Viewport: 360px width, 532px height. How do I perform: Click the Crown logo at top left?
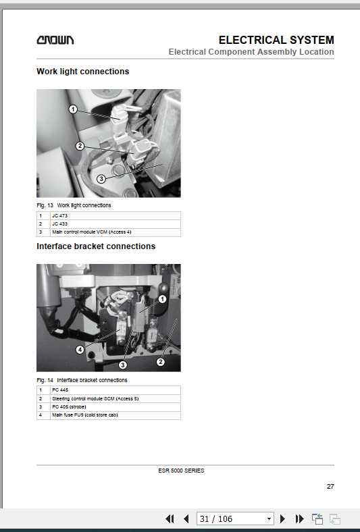pos(55,41)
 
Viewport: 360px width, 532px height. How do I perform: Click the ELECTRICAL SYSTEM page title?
pos(276,40)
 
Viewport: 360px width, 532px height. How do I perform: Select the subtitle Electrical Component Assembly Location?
pos(251,52)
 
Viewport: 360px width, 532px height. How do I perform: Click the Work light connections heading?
pos(82,72)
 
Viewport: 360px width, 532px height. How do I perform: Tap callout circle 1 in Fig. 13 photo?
pos(73,109)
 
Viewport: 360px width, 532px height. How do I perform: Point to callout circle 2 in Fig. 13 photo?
pos(80,146)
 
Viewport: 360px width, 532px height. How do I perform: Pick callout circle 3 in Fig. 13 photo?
pos(101,179)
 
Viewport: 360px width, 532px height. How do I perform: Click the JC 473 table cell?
pos(59,215)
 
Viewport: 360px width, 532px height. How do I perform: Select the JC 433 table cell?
pos(59,223)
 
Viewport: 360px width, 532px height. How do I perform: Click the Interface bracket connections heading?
pos(96,246)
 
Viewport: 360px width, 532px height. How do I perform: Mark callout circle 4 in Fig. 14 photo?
pos(80,350)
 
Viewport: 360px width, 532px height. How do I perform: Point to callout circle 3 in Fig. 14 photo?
pos(123,365)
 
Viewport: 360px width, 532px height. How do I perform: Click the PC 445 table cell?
pos(60,390)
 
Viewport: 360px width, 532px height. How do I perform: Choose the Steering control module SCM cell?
pos(95,398)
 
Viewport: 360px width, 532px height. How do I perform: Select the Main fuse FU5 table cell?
pos(84,415)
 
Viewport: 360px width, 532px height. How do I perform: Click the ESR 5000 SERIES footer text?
pos(184,471)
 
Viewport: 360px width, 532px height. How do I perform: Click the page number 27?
pos(330,486)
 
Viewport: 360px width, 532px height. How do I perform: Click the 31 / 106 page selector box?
pos(235,518)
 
